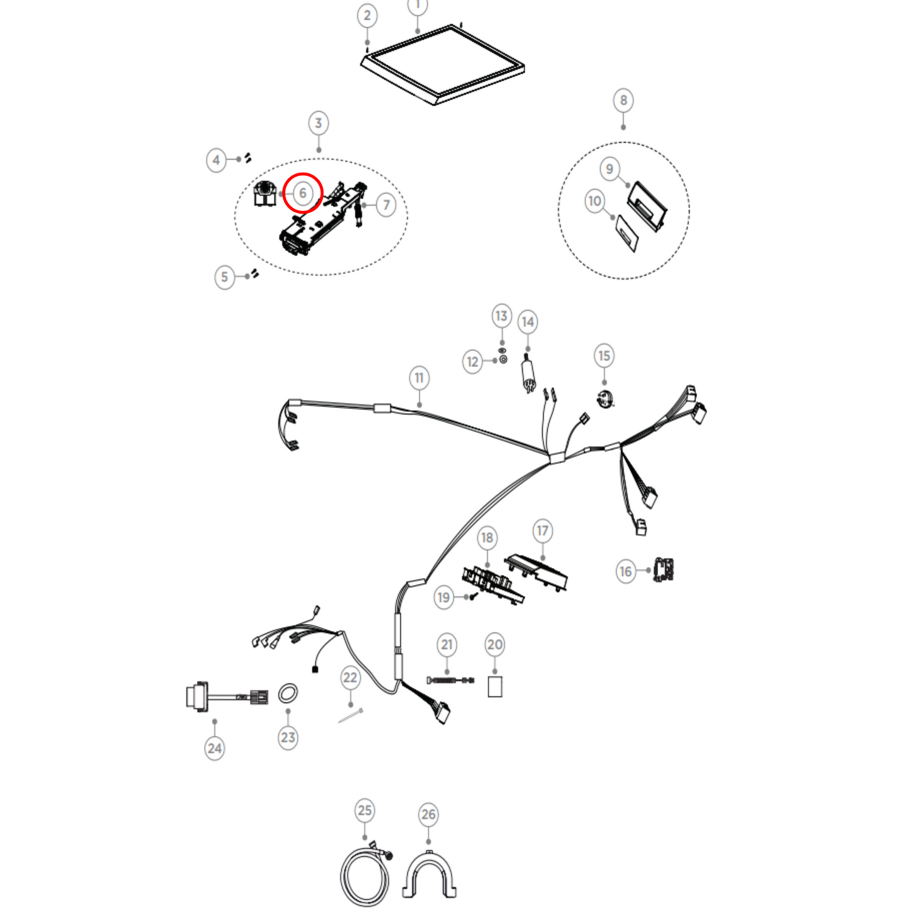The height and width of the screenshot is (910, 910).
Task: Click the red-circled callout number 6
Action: click(303, 193)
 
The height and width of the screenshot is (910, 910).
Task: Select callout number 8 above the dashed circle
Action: click(623, 100)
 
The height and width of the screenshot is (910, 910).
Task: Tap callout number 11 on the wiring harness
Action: click(419, 378)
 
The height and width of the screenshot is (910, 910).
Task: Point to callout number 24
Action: click(215, 748)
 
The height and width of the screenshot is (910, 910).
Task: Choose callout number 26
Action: click(428, 814)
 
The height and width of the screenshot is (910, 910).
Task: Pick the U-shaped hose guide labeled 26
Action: click(429, 875)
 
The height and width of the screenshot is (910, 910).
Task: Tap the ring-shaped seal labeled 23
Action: click(288, 693)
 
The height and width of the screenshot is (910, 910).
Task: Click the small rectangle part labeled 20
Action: click(495, 687)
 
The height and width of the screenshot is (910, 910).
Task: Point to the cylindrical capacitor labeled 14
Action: click(528, 373)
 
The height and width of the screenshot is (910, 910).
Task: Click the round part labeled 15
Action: click(605, 399)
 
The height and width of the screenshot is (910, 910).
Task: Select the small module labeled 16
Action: click(664, 569)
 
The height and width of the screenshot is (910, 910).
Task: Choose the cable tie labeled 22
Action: click(350, 715)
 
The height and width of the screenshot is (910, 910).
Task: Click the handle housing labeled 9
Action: click(647, 205)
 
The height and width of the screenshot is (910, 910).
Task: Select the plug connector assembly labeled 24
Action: click(224, 697)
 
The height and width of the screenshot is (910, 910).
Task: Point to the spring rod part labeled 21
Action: click(450, 680)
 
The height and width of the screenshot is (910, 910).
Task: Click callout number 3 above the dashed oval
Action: click(318, 123)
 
